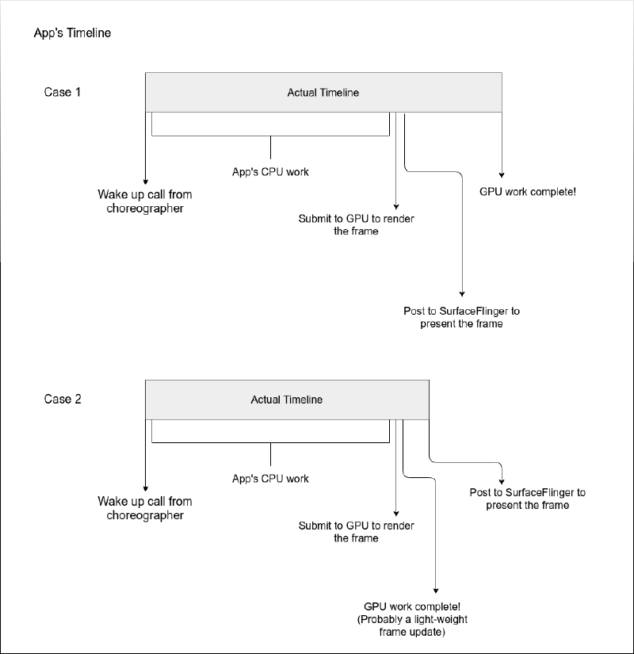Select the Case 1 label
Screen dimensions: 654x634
[63, 92]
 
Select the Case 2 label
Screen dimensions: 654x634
[63, 399]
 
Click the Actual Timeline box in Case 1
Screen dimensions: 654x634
[323, 93]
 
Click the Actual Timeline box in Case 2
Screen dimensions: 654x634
[287, 400]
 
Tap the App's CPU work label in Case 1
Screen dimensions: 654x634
[270, 171]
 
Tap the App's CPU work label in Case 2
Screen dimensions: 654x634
[270, 479]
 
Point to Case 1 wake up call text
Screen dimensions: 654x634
[145, 201]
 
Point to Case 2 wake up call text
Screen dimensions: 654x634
[145, 508]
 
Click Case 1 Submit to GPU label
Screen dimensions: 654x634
[356, 225]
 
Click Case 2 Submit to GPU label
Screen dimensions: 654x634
[356, 532]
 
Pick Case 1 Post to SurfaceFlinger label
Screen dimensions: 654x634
[461, 317]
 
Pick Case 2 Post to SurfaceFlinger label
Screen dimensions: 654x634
[527, 499]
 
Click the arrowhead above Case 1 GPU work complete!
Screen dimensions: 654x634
[502, 176]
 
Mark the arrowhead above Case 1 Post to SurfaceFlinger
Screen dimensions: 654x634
[462, 293]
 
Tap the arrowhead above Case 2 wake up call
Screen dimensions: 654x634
[145, 488]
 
